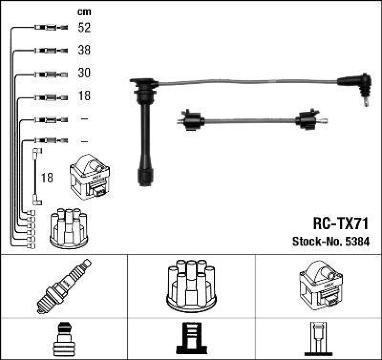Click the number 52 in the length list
[x=84, y=28]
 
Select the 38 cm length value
[x=84, y=50]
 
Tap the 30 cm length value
[x=84, y=73]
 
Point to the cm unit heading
[x=84, y=12]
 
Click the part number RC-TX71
[x=341, y=225]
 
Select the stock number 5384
[x=358, y=242]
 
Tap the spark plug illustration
[x=64, y=286]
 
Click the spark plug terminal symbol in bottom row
[x=64, y=339]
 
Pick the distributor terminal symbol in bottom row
[x=191, y=339]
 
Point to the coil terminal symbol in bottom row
[x=319, y=339]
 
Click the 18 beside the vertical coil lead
[x=47, y=178]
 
